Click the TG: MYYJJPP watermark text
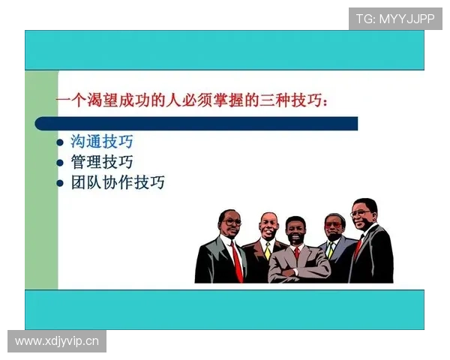(x=395, y=19)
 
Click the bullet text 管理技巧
(x=102, y=161)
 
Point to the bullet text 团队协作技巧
(x=118, y=182)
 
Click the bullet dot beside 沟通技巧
(x=61, y=142)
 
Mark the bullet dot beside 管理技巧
(x=61, y=162)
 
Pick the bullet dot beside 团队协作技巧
(x=61, y=183)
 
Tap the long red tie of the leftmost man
(x=236, y=259)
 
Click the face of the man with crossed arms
(x=295, y=231)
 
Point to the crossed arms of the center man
(x=295, y=266)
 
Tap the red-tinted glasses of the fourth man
(x=333, y=224)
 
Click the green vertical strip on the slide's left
(x=41, y=180)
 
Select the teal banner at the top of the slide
(x=224, y=50)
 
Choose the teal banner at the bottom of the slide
(x=224, y=309)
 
